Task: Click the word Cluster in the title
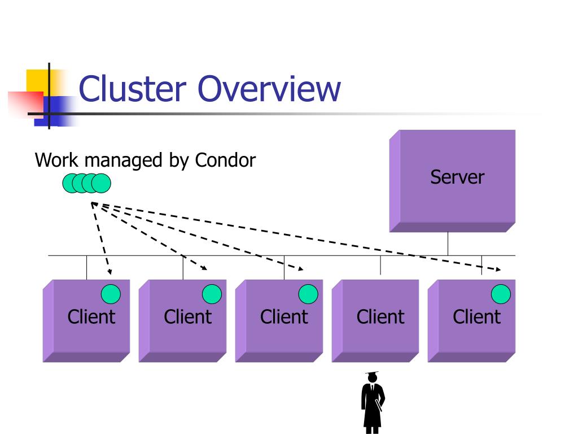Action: [x=132, y=89]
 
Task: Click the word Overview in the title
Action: [x=269, y=89]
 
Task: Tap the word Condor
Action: [x=225, y=160]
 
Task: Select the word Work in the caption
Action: [x=57, y=160]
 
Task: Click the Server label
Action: [x=457, y=177]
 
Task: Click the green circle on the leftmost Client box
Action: [x=111, y=294]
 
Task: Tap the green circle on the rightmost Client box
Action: [x=501, y=294]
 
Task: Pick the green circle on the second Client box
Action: [x=212, y=294]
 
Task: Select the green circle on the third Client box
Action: [x=308, y=294]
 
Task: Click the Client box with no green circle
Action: [x=375, y=321]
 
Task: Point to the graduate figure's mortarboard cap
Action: [x=372, y=374]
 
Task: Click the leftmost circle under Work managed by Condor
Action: [x=72, y=184]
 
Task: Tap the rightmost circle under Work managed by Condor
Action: [x=101, y=184]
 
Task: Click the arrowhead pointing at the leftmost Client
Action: [x=110, y=272]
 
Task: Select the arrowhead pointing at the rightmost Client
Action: [x=498, y=270]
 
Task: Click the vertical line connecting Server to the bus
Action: [x=448, y=244]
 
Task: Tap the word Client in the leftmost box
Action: [x=91, y=316]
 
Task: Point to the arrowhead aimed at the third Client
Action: [x=301, y=269]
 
